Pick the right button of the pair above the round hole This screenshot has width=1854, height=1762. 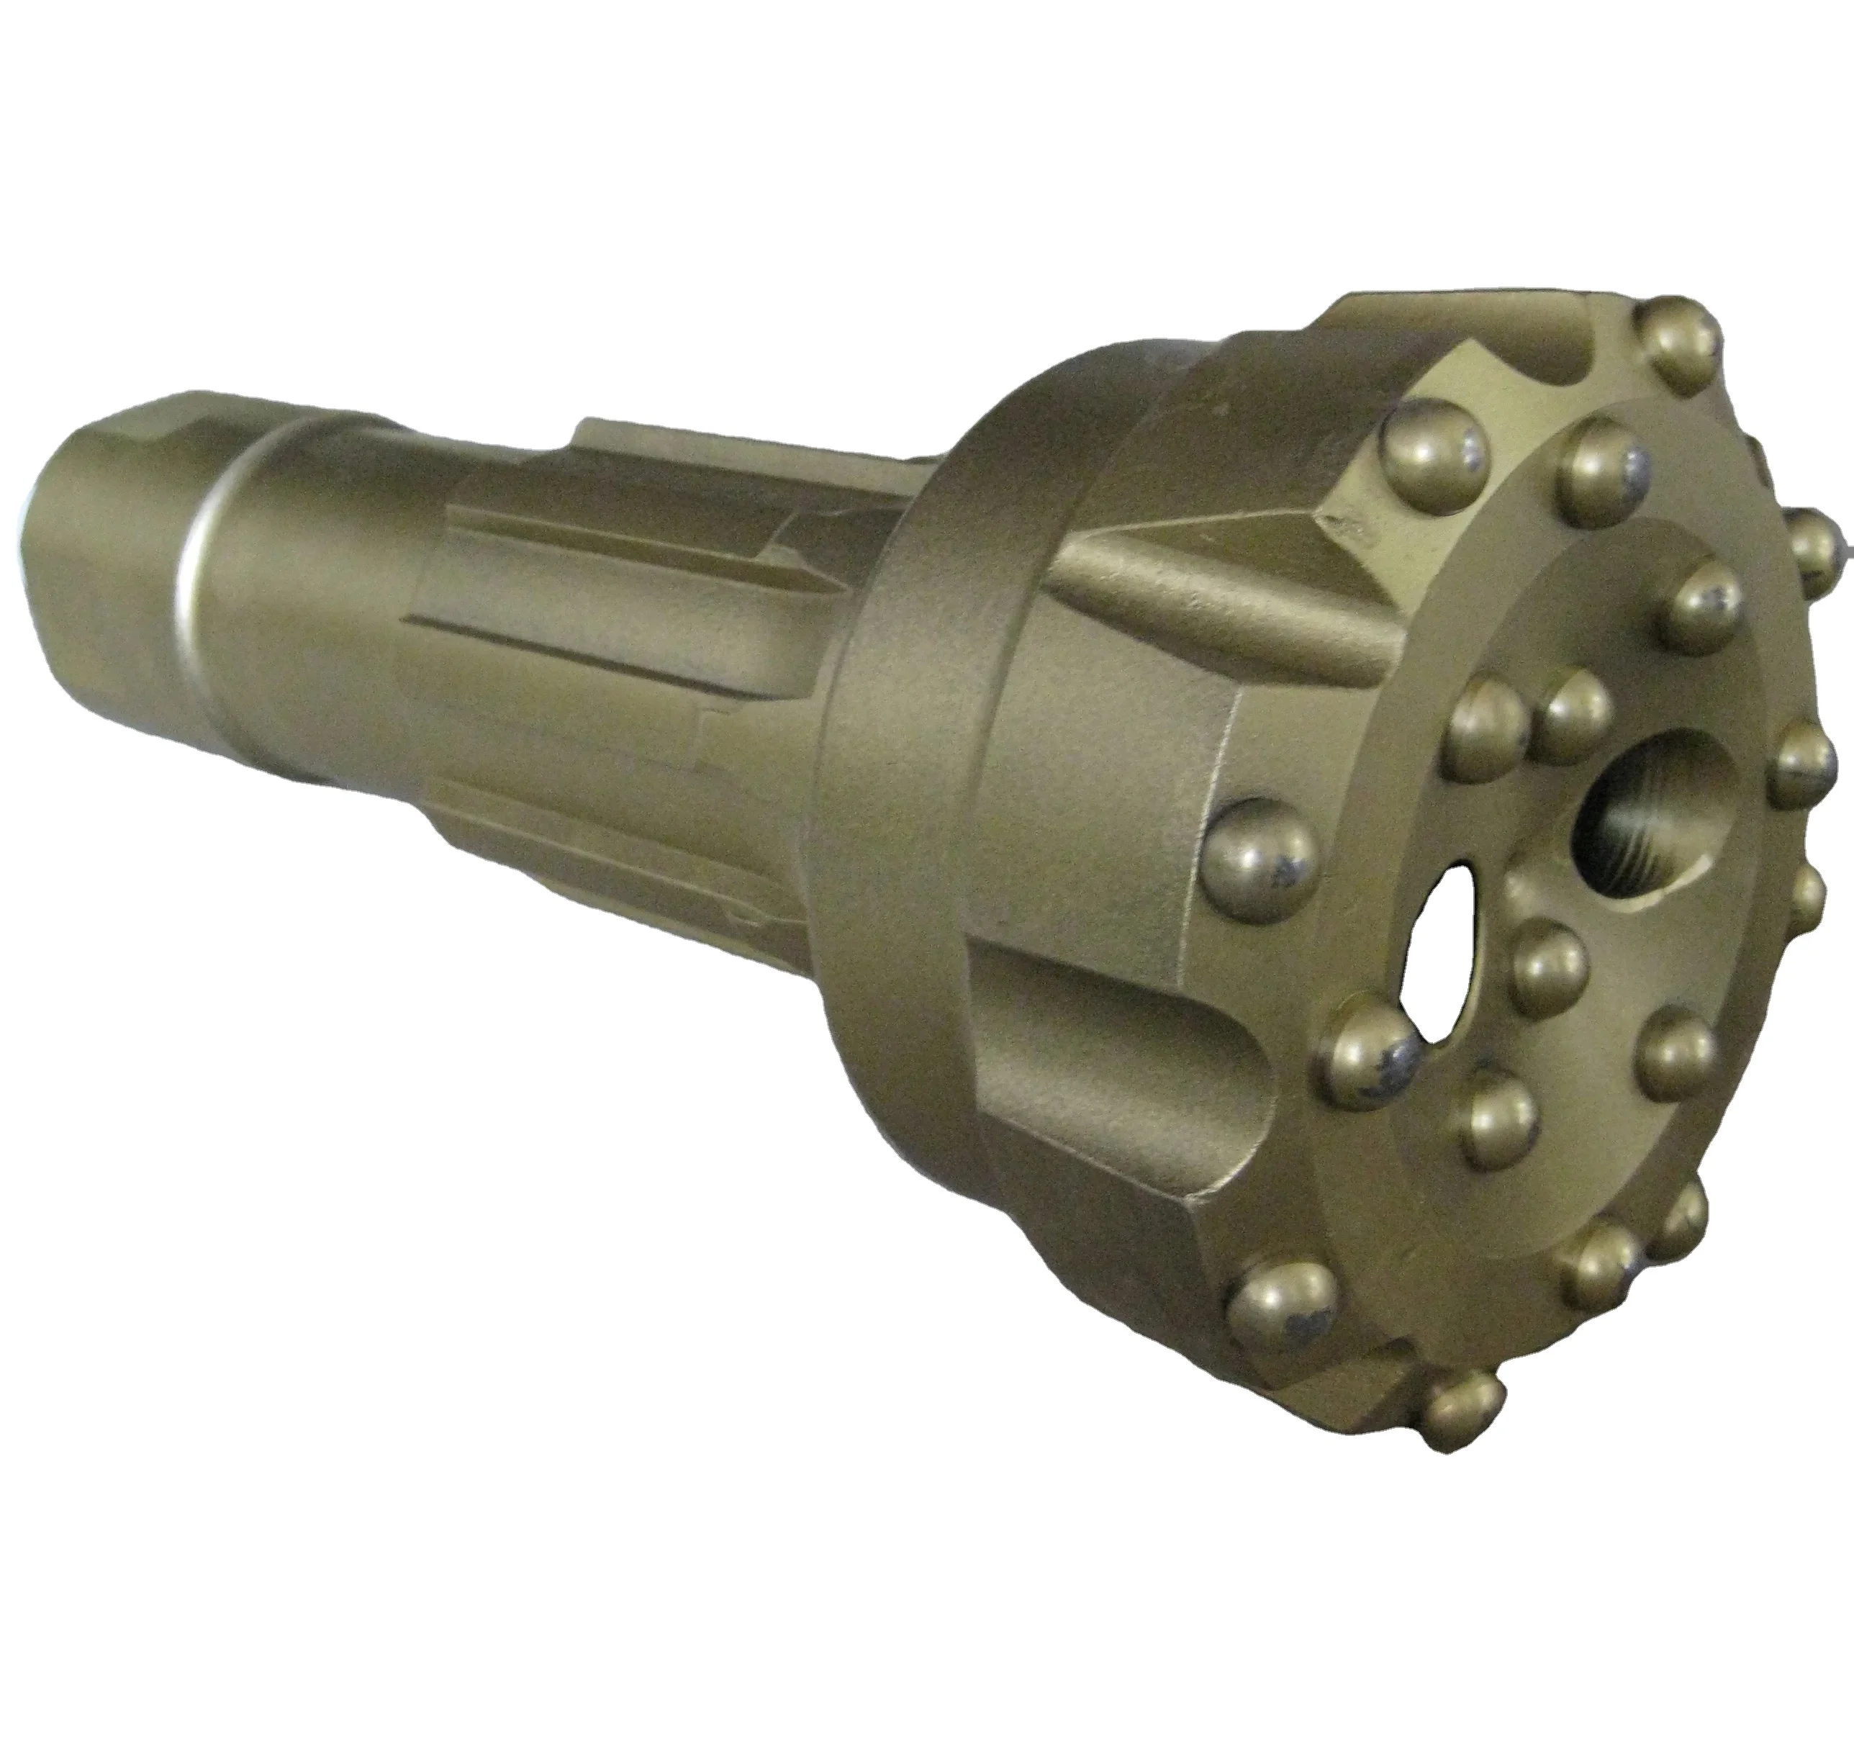(x=1578, y=715)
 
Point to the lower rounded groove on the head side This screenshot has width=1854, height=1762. (x=1127, y=1062)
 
